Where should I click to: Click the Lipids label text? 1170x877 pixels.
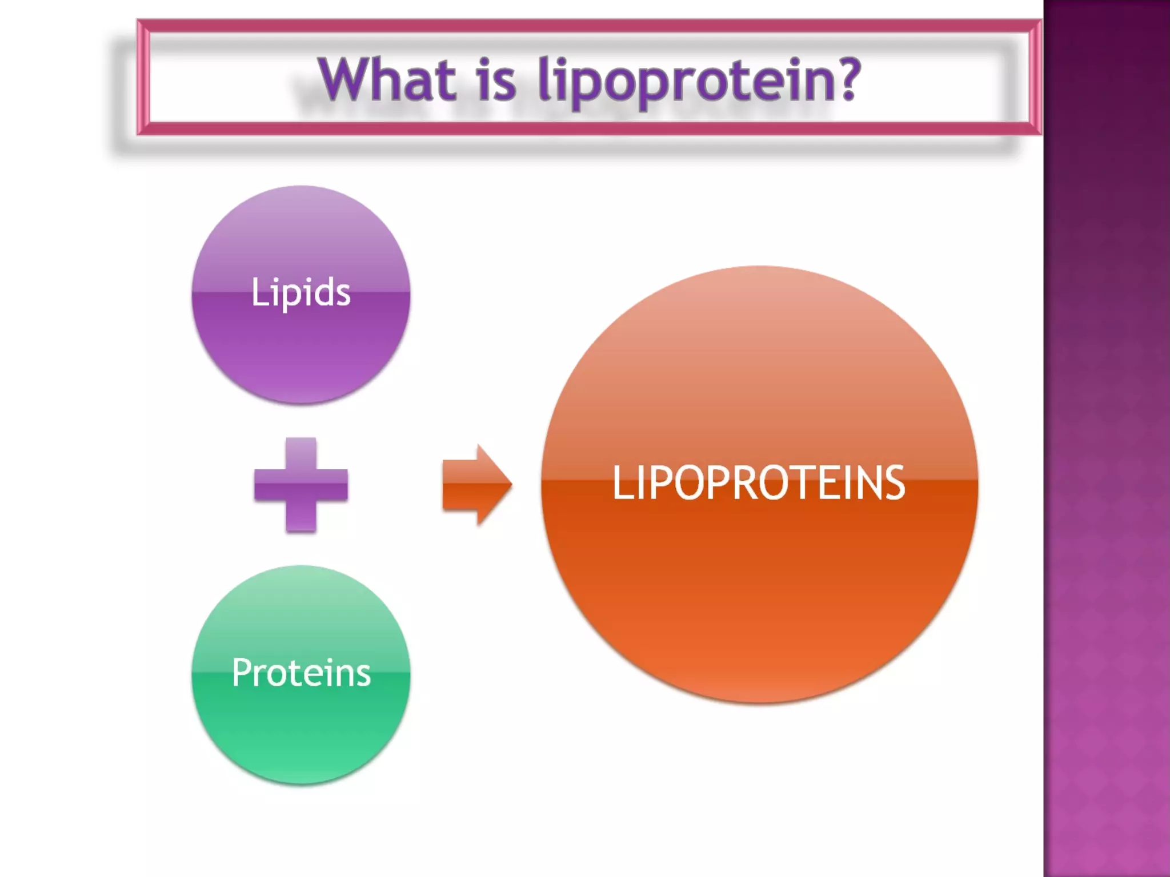point(301,292)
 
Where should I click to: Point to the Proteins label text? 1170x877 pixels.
point(301,673)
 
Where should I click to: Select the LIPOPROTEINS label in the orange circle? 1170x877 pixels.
point(759,483)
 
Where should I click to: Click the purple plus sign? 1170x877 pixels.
point(301,485)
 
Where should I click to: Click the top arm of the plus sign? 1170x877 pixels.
point(301,452)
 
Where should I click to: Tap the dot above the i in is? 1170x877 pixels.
point(484,60)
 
